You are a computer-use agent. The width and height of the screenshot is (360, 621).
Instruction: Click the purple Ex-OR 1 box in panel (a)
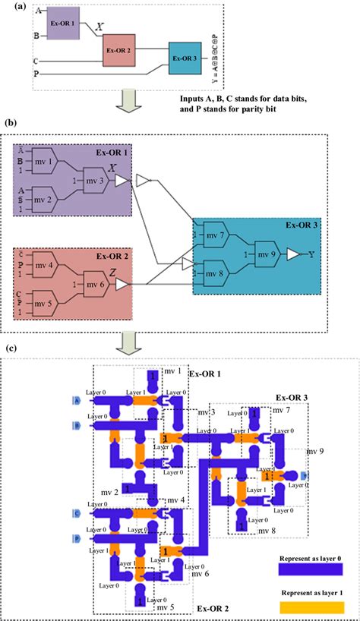(x=62, y=23)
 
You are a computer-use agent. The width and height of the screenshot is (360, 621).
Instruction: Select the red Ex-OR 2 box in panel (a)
(x=118, y=51)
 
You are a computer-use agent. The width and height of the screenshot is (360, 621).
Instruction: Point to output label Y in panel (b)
(x=311, y=256)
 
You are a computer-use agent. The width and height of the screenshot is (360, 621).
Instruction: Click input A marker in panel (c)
(x=77, y=400)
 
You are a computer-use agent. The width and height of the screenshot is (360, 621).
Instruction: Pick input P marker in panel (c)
(x=77, y=538)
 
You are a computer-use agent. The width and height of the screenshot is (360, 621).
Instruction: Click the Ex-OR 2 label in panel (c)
(x=213, y=609)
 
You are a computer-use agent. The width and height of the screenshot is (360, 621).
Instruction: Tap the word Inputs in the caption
(x=194, y=98)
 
